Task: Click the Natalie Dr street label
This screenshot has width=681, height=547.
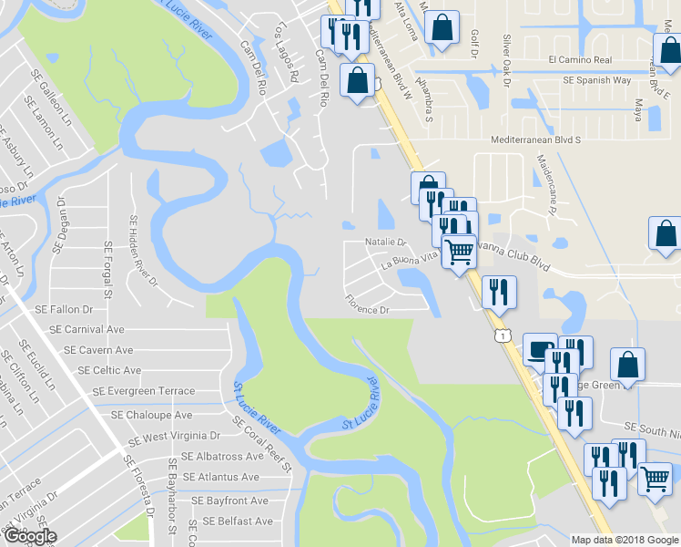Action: click(x=385, y=243)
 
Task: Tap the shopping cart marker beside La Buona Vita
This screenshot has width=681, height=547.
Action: click(x=460, y=250)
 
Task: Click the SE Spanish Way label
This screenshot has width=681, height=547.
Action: click(x=596, y=80)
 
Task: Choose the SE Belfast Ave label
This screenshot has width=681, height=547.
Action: click(x=238, y=521)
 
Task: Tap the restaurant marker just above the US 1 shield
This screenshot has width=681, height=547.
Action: click(x=497, y=292)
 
